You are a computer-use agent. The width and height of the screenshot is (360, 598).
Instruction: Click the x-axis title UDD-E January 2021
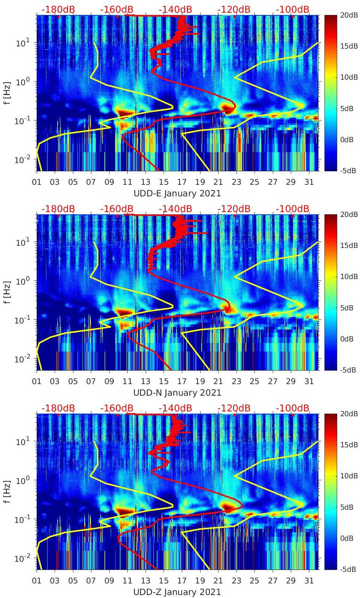(177, 193)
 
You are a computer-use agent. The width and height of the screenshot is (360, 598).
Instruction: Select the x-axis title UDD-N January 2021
(177, 393)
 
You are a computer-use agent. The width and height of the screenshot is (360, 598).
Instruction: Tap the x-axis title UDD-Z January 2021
(177, 592)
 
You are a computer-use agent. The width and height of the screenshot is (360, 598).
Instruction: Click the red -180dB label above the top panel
(58, 9)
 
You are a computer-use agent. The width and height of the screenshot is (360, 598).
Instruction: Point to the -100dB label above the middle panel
(293, 209)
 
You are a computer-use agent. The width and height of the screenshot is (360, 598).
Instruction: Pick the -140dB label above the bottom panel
(175, 408)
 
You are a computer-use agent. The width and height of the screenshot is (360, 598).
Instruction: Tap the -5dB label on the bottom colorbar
(346, 569)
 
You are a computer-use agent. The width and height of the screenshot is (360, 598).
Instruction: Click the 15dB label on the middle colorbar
(346, 245)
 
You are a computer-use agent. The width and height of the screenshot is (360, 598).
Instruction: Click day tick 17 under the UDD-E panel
(182, 182)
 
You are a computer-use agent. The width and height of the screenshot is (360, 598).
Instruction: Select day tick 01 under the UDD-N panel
(37, 381)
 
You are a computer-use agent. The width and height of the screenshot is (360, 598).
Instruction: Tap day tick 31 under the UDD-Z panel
(309, 581)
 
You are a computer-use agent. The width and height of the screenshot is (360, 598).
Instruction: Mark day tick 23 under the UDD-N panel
(236, 381)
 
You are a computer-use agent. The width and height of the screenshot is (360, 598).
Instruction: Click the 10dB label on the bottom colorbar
(346, 476)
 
